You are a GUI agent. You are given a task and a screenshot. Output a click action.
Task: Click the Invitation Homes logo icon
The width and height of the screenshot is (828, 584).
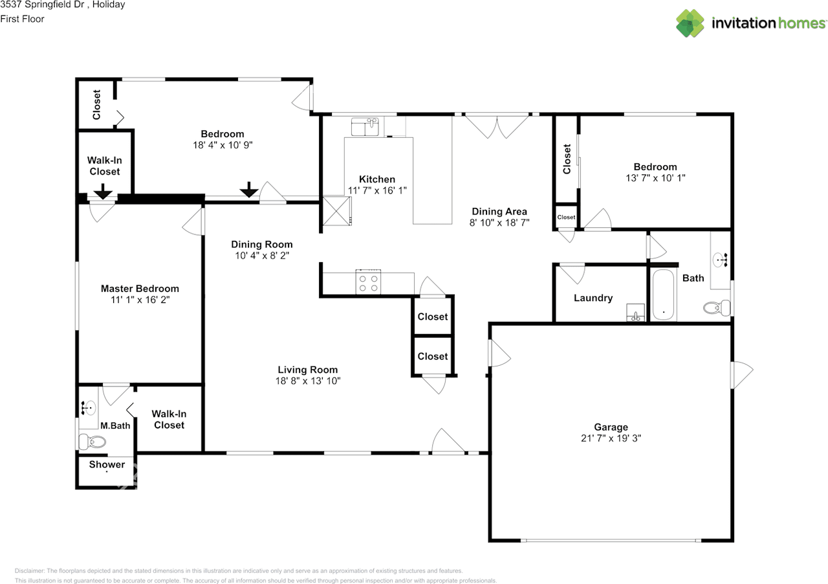690,23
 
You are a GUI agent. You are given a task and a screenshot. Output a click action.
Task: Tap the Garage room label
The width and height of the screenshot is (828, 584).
611,427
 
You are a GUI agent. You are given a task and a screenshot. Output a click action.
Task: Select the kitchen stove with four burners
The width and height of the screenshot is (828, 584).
368,283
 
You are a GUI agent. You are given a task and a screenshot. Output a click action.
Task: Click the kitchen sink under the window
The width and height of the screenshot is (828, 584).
365,126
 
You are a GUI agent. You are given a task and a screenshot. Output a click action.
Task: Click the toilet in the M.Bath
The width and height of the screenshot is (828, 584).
93,441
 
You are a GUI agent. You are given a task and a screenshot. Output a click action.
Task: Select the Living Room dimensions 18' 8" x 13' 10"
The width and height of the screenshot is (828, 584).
307,381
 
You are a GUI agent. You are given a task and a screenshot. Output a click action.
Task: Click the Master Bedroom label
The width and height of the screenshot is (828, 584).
140,289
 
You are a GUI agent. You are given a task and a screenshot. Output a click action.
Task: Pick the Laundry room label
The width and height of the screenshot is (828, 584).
593,298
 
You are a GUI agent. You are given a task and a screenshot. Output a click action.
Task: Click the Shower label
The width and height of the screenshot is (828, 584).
107,464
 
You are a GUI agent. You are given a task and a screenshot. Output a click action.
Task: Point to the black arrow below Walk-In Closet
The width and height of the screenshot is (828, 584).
103,192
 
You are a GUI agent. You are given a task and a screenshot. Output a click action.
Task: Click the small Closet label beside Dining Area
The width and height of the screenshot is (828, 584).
566,218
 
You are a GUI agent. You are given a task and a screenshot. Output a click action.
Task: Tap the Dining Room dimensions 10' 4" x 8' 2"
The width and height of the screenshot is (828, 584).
262,255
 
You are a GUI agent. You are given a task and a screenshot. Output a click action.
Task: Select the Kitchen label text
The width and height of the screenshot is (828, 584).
377,179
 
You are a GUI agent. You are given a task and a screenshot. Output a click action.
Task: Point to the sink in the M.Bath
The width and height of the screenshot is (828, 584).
89,408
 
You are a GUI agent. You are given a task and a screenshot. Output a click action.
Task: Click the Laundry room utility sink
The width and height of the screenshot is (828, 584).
635,312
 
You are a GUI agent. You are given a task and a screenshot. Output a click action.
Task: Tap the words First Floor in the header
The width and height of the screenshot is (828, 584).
22,19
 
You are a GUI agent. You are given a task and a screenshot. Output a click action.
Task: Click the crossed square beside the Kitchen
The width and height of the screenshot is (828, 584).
336,211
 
